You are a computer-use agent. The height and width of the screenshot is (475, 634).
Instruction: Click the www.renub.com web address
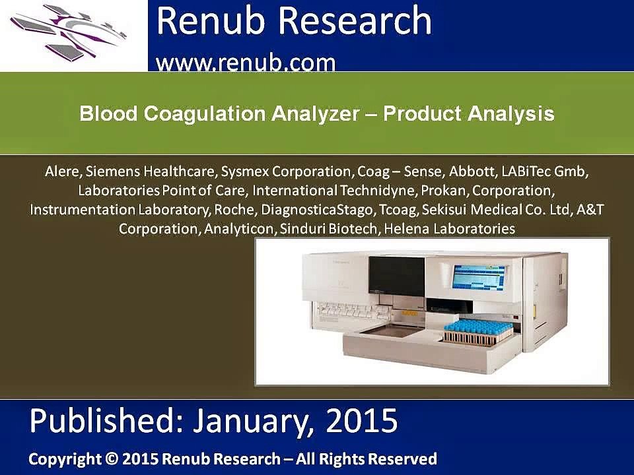[246, 62]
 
